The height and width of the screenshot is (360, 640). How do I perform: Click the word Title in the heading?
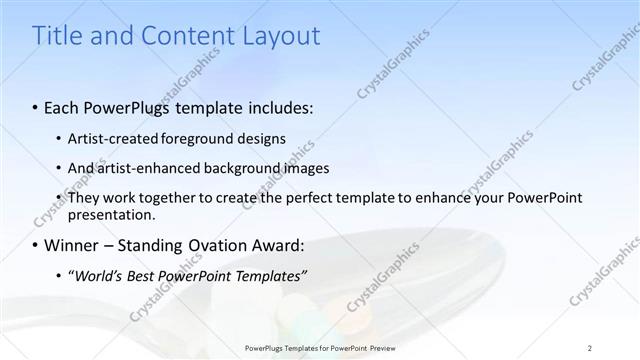pyautogui.click(x=58, y=36)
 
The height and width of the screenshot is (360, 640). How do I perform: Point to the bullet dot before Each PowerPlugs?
pyautogui.click(x=37, y=106)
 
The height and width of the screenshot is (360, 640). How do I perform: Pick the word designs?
pyautogui.click(x=267, y=138)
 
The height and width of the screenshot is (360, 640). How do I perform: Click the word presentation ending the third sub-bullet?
pyautogui.click(x=110, y=214)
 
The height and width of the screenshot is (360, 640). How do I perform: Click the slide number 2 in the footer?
pyautogui.click(x=590, y=348)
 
